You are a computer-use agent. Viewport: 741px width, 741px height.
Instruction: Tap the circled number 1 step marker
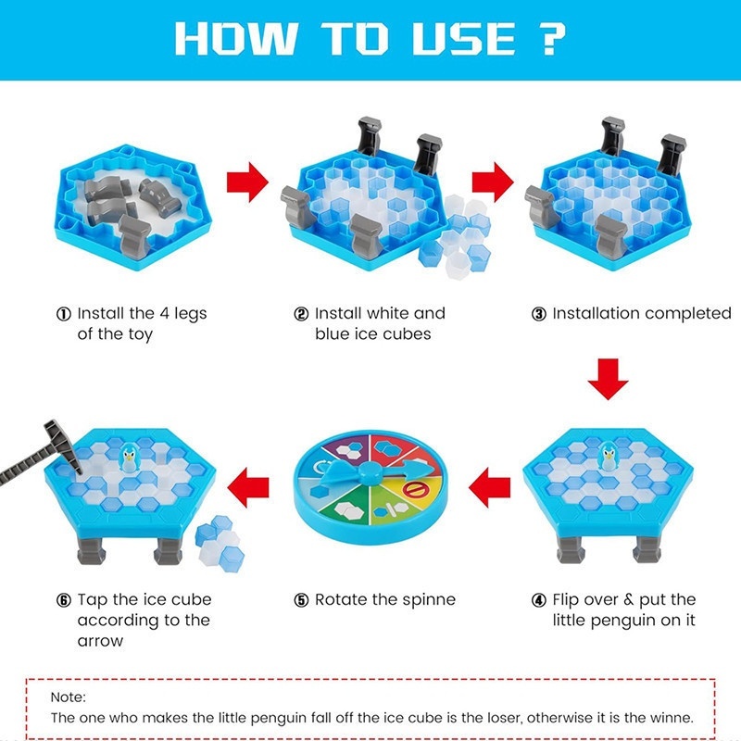[64, 314]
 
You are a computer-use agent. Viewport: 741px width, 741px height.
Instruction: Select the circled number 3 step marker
[538, 314]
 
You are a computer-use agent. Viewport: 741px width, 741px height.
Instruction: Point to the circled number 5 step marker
[301, 600]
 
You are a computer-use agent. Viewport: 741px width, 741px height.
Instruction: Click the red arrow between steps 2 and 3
[491, 181]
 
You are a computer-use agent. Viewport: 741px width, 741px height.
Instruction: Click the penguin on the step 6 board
[130, 457]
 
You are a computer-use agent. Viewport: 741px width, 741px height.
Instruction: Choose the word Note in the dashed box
[68, 697]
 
